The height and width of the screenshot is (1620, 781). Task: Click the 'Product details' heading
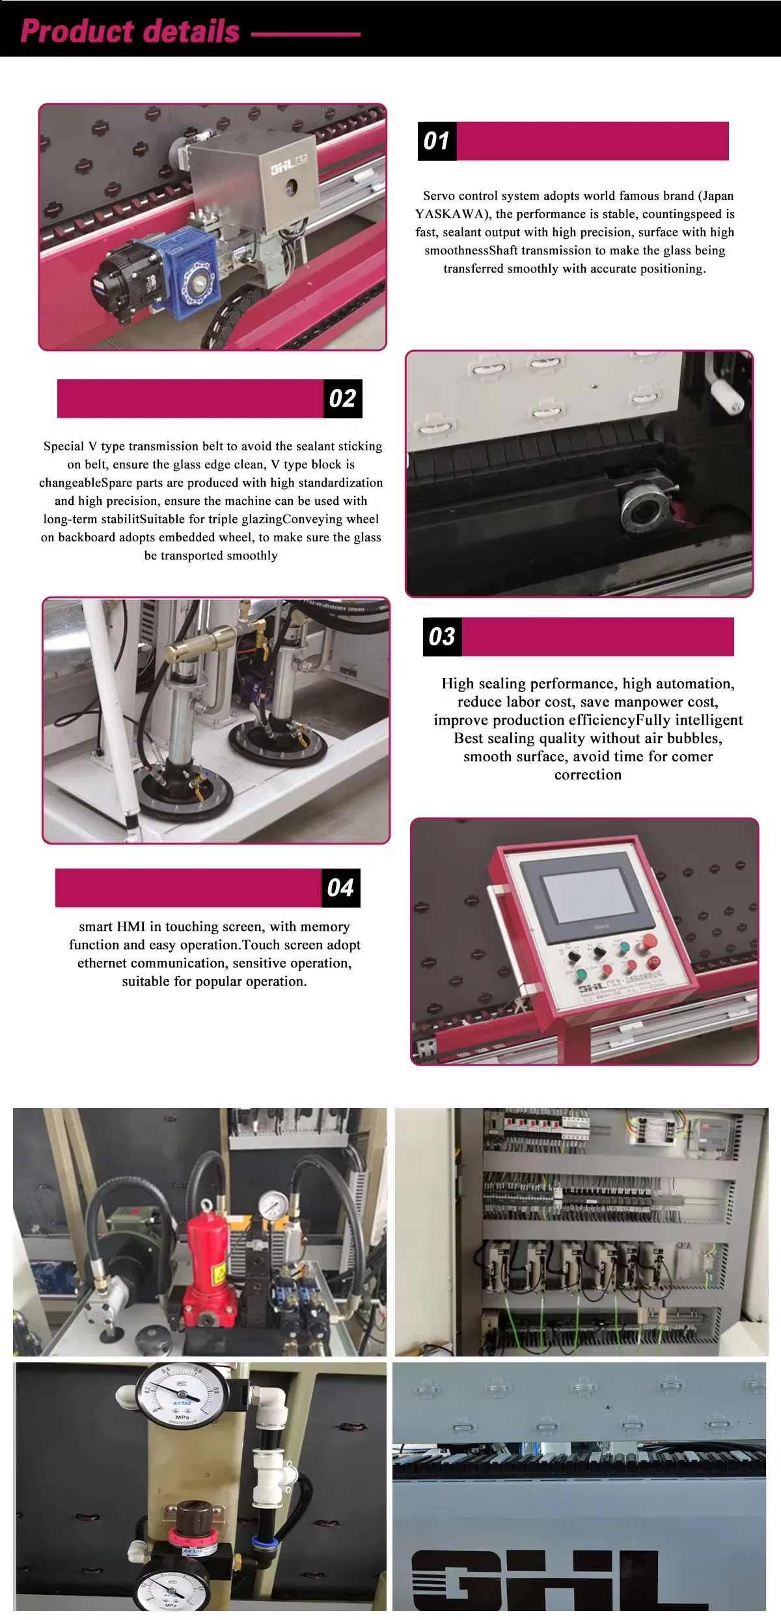[130, 31]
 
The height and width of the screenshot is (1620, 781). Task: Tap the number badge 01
[436, 141]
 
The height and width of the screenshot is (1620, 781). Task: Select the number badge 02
[342, 398]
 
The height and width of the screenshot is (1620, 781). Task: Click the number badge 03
[442, 636]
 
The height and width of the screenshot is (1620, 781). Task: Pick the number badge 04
[340, 887]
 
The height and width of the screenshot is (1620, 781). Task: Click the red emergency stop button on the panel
[648, 943]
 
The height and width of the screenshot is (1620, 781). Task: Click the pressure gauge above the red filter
[273, 1206]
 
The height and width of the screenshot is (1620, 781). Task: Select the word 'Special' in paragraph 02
[63, 446]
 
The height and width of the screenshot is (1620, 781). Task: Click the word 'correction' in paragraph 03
[588, 775]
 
